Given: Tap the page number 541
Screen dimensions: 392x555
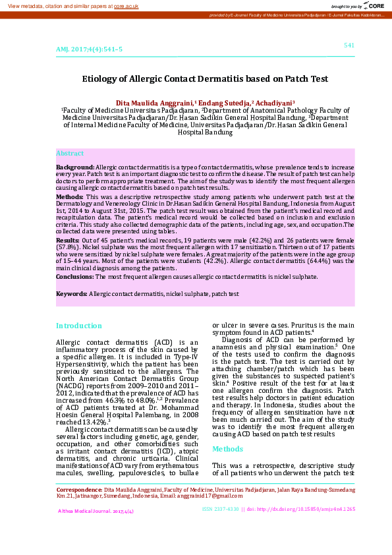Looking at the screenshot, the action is coord(349,45).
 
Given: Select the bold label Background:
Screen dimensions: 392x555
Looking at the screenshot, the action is coord(75,168).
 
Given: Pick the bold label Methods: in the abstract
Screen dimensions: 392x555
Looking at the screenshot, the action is coord(69,196).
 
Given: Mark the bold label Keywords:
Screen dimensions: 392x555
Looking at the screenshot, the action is coord(72,293).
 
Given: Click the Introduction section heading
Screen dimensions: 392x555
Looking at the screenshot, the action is coord(78,326).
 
